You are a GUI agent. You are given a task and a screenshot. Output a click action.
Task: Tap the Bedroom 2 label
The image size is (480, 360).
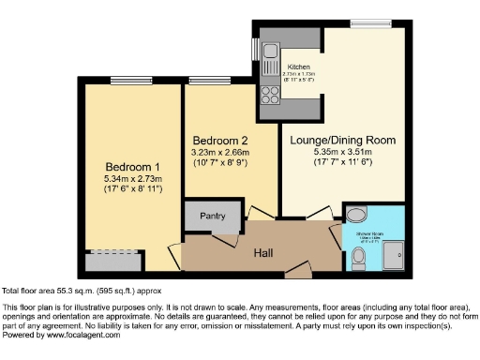(x=220, y=141)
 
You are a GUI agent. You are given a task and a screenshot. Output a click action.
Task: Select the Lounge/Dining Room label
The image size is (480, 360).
(x=343, y=141)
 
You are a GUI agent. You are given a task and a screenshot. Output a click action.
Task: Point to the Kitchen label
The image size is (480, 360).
(x=298, y=67)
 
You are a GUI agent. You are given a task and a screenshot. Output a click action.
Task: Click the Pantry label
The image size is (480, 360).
(x=213, y=216)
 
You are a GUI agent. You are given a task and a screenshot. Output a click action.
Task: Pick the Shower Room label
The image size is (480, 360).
(x=369, y=234)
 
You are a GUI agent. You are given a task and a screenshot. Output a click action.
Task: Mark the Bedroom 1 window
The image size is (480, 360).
(x=126, y=81)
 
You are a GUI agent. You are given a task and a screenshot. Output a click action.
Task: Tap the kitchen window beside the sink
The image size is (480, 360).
(x=253, y=48)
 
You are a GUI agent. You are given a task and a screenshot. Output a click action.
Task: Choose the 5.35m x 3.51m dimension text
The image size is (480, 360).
(x=343, y=152)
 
